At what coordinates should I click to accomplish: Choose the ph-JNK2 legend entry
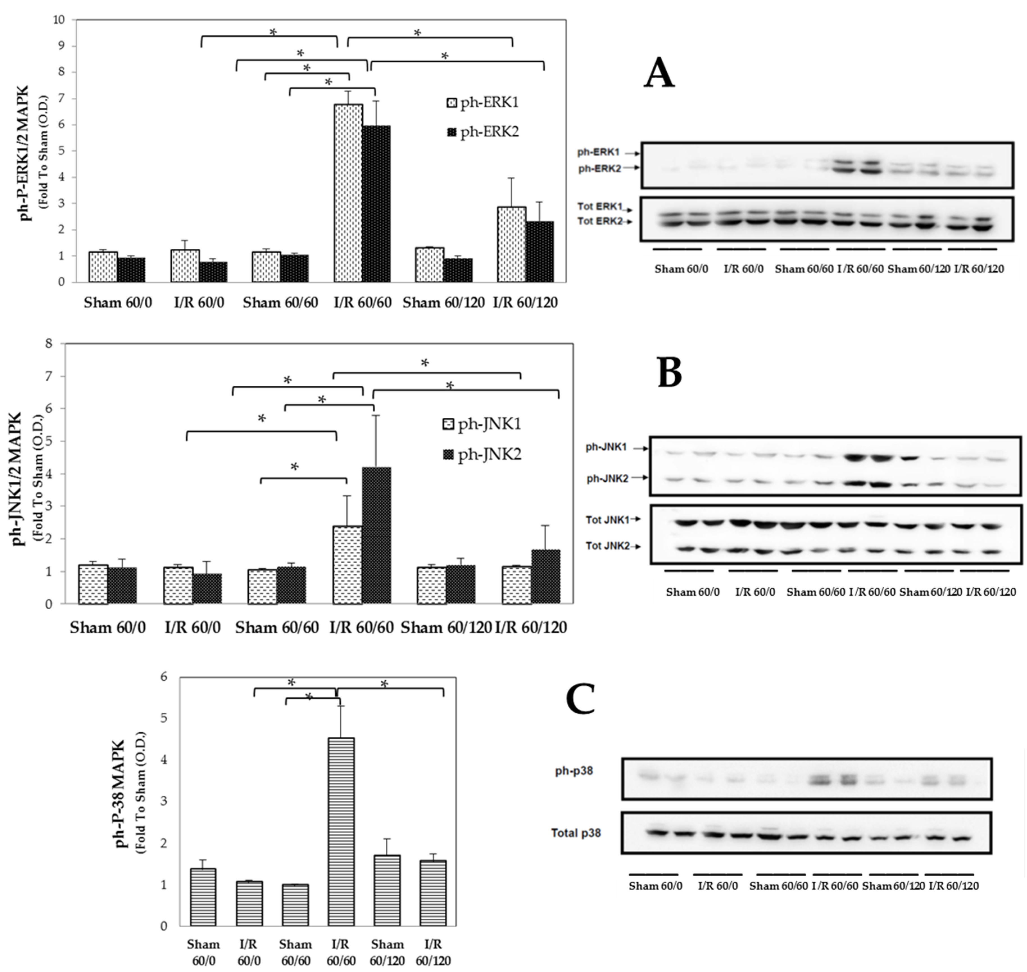(x=483, y=455)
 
